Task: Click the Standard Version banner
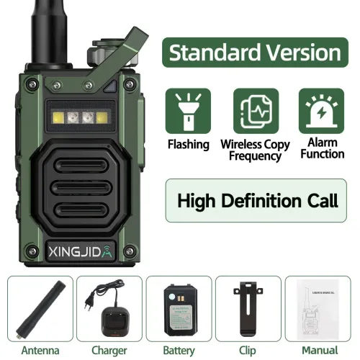pyautogui.click(x=255, y=53)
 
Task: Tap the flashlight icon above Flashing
pyautogui.click(x=189, y=111)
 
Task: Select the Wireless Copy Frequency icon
pyautogui.click(x=255, y=111)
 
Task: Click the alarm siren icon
pyautogui.click(x=322, y=111)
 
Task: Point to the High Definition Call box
pyautogui.click(x=257, y=200)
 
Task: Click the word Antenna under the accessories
pyautogui.click(x=40, y=351)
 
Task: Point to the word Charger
pyautogui.click(x=109, y=351)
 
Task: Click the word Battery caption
pyautogui.click(x=179, y=351)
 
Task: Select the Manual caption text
pyautogui.click(x=318, y=351)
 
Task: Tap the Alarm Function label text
pyautogui.click(x=322, y=148)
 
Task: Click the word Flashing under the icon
pyautogui.click(x=189, y=144)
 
